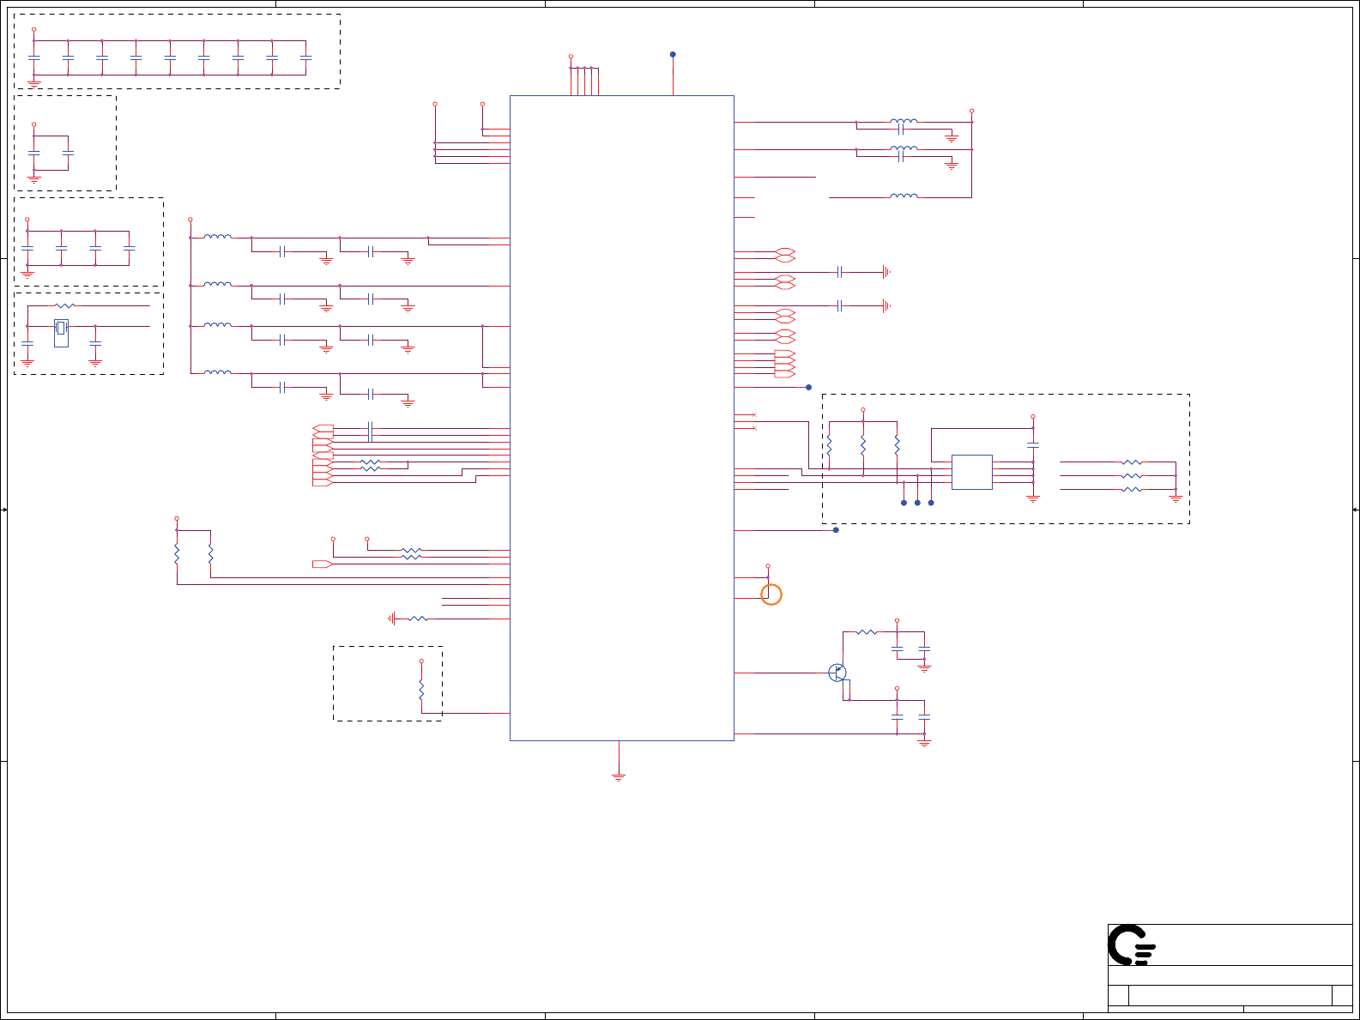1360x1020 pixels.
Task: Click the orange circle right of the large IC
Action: (x=771, y=594)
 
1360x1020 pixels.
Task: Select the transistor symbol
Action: (x=837, y=673)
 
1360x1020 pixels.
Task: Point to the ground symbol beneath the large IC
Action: (x=619, y=776)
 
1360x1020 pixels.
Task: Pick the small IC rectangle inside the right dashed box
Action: (x=972, y=472)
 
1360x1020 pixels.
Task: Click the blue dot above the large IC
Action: (x=673, y=54)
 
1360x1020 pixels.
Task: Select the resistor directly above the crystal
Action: (x=64, y=305)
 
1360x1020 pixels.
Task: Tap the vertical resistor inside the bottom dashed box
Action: (x=421, y=691)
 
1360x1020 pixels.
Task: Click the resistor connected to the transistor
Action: (x=867, y=632)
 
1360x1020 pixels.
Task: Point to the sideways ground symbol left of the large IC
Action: (x=392, y=619)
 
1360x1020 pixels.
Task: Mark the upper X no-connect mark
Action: (x=754, y=415)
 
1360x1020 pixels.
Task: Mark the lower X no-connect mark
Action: (x=754, y=428)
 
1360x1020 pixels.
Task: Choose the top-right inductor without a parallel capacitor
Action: (x=904, y=196)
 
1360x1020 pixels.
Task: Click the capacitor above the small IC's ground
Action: (x=1033, y=444)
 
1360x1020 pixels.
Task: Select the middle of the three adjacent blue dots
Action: (x=917, y=503)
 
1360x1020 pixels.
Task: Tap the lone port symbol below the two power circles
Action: (x=323, y=564)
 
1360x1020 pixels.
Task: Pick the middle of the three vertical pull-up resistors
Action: (x=863, y=445)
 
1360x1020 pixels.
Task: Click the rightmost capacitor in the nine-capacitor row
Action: (x=306, y=57)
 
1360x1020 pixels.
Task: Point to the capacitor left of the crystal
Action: (x=27, y=343)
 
